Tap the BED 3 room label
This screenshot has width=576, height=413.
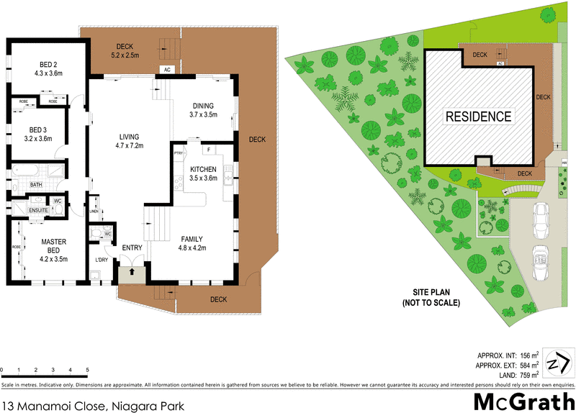(37, 134)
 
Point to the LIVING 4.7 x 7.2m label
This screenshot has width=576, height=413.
(130, 141)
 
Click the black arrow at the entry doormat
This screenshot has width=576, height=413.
(132, 273)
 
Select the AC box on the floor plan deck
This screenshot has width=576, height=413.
(166, 70)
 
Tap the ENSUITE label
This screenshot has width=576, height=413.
(37, 210)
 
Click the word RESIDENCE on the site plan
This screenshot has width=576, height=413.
(477, 116)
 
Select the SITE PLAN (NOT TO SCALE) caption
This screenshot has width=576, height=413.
(431, 297)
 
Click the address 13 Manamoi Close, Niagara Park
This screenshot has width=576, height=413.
(92, 404)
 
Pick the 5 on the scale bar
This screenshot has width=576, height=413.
(87, 370)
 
